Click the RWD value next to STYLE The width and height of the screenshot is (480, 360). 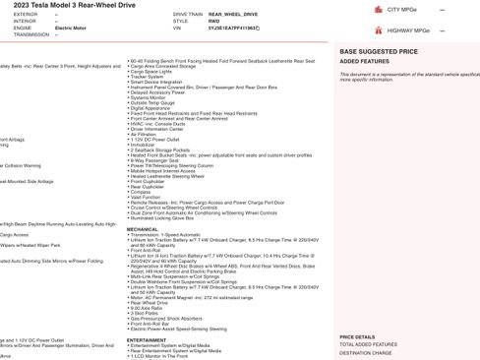point(200,21)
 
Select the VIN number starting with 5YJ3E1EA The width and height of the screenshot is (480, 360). point(219,28)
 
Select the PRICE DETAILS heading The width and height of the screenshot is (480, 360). point(356,336)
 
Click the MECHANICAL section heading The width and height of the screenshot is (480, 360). point(142,227)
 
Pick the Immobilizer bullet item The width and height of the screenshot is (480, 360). point(144,144)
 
